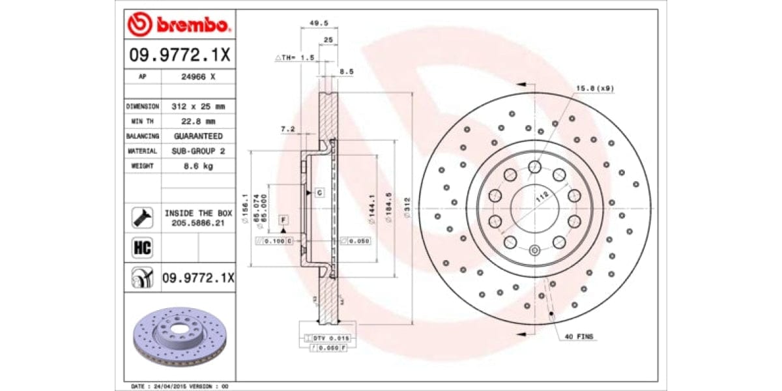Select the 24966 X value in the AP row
pyautogui.click(x=197, y=76)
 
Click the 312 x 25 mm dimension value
pyautogui.click(x=197, y=106)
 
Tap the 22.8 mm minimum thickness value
pyautogui.click(x=197, y=121)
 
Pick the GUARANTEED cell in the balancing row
pyautogui.click(x=197, y=136)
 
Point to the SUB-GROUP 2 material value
pyautogui.click(x=197, y=151)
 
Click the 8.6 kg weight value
pyautogui.click(x=197, y=166)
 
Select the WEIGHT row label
pyautogui.click(x=142, y=166)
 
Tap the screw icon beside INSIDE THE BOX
pyautogui.click(x=141, y=217)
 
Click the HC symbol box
pyautogui.click(x=141, y=248)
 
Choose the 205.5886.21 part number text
pyautogui.click(x=197, y=222)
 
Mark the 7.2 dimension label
pyautogui.click(x=287, y=130)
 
